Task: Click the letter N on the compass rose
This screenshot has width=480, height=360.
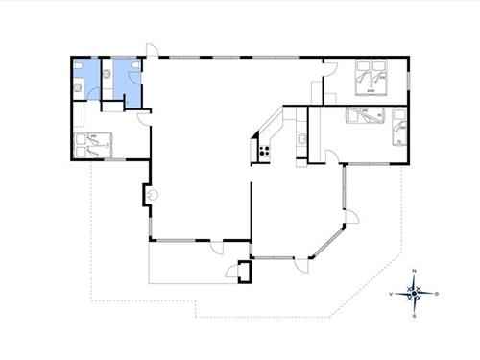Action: coord(413,272)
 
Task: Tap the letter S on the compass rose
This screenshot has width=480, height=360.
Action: coord(413,315)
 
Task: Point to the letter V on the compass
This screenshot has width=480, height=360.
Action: coord(391,293)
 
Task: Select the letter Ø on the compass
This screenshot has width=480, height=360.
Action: coord(437,293)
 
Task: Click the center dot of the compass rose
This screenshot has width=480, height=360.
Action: coord(413,293)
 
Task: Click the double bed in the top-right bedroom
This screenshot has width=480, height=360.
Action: coord(372,79)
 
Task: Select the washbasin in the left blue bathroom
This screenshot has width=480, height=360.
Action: coord(77,69)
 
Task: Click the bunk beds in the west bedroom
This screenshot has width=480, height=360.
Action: coord(94,143)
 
